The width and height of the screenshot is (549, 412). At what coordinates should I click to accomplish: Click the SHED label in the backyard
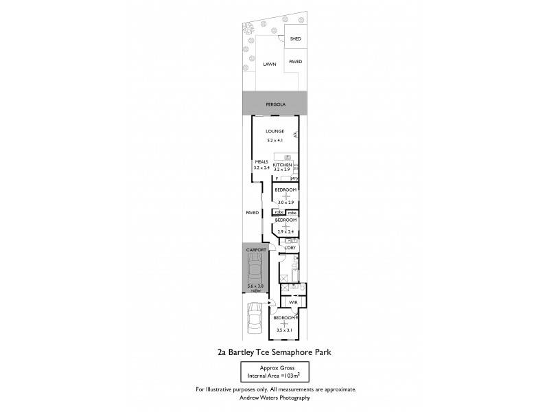pyautogui.click(x=296, y=39)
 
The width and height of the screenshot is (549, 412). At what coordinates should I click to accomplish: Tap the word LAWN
pyautogui.click(x=268, y=64)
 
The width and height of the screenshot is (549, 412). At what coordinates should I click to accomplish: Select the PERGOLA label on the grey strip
pyautogui.click(x=275, y=104)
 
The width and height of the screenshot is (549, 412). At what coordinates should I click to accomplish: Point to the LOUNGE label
pyautogui.click(x=275, y=131)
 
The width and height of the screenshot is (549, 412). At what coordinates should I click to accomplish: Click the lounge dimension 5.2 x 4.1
pyautogui.click(x=275, y=140)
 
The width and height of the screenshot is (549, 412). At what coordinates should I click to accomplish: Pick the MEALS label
pyautogui.click(x=261, y=162)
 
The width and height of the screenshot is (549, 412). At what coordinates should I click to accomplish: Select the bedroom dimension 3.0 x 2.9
pyautogui.click(x=285, y=203)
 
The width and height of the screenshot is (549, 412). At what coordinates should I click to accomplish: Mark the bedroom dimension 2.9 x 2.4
pyautogui.click(x=285, y=231)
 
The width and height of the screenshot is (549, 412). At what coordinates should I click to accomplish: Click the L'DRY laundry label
pyautogui.click(x=290, y=247)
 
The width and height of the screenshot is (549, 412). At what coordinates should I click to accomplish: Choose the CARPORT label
pyautogui.click(x=255, y=250)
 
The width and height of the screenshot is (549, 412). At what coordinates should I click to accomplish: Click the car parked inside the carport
pyautogui.click(x=255, y=270)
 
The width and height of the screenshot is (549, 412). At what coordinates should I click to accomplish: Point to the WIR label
pyautogui.click(x=292, y=302)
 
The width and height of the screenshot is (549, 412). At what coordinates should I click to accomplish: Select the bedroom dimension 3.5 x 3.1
pyautogui.click(x=285, y=330)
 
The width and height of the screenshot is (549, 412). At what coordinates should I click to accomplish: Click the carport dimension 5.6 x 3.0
pyautogui.click(x=255, y=286)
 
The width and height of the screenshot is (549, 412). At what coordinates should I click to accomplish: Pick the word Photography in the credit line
pyautogui.click(x=294, y=397)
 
